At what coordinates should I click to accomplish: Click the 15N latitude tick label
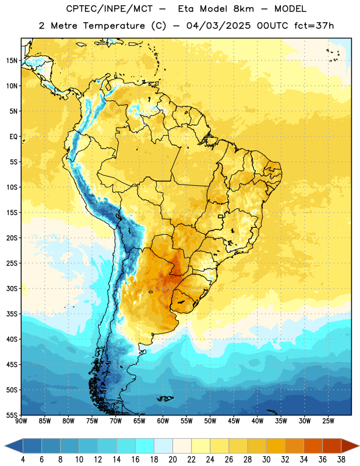click(12, 61)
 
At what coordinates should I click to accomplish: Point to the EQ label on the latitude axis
click(13, 137)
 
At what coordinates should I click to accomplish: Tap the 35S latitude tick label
click(12, 314)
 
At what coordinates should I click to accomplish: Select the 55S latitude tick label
click(12, 415)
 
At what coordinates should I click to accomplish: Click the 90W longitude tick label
click(21, 421)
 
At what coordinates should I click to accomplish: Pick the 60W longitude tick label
click(163, 421)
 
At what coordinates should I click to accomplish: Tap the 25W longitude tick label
click(328, 421)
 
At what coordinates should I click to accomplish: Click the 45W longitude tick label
click(234, 421)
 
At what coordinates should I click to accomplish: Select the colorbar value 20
click(172, 460)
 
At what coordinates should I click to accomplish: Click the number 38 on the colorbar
click(341, 460)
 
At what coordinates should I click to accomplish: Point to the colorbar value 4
click(23, 460)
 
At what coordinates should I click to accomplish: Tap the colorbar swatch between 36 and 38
click(332, 446)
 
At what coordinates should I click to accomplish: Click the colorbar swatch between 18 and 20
click(163, 446)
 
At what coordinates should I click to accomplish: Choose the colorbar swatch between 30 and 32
click(276, 446)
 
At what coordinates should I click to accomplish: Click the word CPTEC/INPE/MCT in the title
click(109, 9)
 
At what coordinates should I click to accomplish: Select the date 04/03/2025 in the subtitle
click(218, 26)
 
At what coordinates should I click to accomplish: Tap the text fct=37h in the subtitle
click(314, 26)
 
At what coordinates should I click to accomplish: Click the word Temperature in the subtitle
click(114, 26)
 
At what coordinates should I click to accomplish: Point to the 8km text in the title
click(243, 9)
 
